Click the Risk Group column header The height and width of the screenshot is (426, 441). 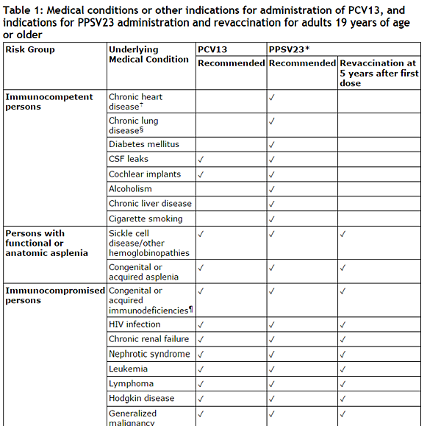(x=30, y=49)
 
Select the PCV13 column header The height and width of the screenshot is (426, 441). (x=212, y=49)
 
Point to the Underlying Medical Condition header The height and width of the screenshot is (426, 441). (x=148, y=54)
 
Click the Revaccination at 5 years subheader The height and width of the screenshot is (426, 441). (x=379, y=73)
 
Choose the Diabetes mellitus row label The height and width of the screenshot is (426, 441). (x=144, y=144)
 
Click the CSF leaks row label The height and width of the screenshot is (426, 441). (x=129, y=159)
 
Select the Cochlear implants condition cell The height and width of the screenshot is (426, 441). (x=143, y=174)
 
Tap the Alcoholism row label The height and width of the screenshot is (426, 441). (x=131, y=188)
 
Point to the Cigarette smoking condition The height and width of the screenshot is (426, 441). (x=146, y=219)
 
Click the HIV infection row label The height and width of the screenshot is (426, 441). (x=135, y=324)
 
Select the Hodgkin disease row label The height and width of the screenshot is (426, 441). (x=142, y=398)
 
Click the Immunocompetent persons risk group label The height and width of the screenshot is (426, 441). (x=49, y=102)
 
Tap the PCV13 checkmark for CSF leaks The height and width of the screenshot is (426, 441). (x=201, y=159)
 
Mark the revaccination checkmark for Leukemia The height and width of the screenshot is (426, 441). (x=343, y=369)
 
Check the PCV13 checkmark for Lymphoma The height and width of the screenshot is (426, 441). (x=201, y=383)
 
